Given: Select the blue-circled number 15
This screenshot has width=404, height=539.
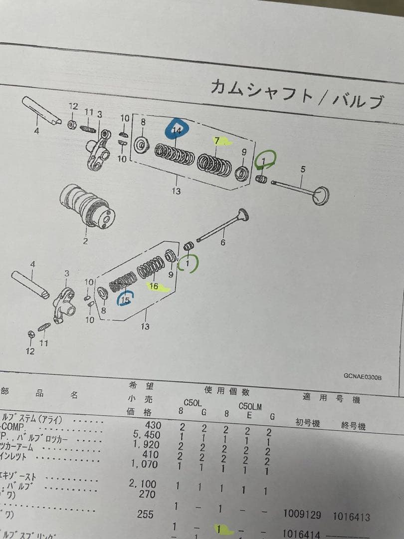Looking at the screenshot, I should (125, 300).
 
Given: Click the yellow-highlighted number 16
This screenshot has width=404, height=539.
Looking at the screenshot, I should (154, 286).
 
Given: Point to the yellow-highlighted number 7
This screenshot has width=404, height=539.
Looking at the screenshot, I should (217, 141).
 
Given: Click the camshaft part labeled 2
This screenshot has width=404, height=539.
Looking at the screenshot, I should (90, 208).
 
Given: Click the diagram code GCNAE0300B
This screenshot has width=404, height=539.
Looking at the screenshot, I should (362, 378).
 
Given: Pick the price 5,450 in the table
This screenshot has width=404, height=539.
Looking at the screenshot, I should (148, 435).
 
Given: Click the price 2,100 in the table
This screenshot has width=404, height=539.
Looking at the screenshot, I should (145, 484).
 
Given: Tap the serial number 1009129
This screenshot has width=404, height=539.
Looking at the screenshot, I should (302, 514).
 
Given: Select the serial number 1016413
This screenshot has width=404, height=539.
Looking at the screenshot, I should (352, 517).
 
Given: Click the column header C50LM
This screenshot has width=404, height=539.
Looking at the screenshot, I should (250, 406).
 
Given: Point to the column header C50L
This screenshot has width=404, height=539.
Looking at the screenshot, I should (193, 402).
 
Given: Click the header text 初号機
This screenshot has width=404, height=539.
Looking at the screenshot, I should (307, 423).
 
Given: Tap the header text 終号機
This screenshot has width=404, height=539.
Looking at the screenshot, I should (353, 426).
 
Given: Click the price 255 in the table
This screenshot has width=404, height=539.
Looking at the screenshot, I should (145, 514).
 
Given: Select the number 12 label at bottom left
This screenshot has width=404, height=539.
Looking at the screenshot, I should (30, 351).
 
